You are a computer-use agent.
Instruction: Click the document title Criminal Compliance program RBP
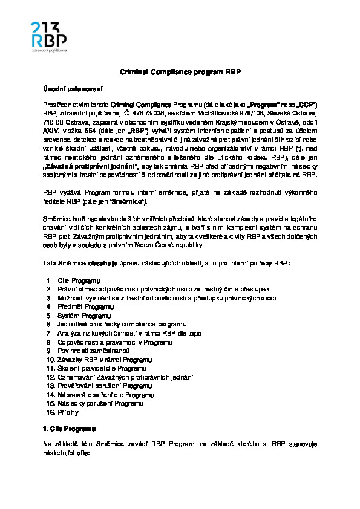pos(180,71)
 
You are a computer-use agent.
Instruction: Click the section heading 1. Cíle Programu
pos(70,428)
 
